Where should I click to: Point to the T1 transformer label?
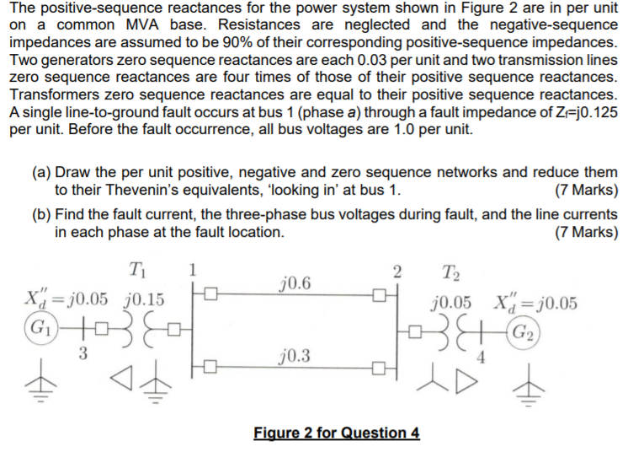tap(136, 270)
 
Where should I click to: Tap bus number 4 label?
tap(483, 357)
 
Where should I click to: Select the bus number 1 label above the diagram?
tap(193, 270)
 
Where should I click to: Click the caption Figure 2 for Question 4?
tap(336, 433)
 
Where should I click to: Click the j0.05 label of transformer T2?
tap(450, 304)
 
